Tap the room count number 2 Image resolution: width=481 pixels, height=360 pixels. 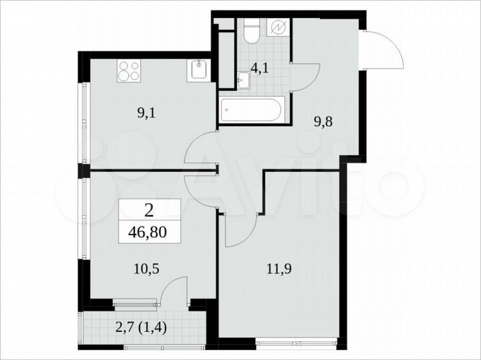click(x=148, y=212)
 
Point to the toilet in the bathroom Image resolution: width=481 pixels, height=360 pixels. click(x=251, y=31)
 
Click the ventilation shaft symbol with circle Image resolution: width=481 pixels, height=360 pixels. click(x=278, y=29)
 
